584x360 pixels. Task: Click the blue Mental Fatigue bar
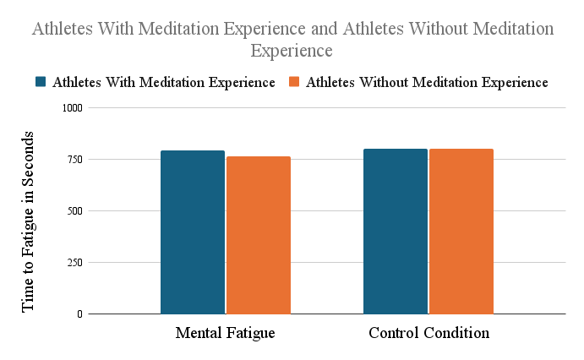(193, 232)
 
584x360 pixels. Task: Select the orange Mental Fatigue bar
(259, 235)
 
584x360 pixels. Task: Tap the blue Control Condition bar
(396, 232)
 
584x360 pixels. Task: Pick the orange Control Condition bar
(461, 232)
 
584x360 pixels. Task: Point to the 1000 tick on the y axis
(72, 108)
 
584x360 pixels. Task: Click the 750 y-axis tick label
(74, 160)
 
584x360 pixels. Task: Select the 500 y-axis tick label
(74, 211)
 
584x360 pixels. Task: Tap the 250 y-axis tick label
(74, 263)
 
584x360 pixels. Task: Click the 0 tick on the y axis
(80, 314)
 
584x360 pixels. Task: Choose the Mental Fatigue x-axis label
(226, 333)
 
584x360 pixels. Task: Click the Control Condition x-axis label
(428, 333)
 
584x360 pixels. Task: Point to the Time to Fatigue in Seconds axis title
(29, 221)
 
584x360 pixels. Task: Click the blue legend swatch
(41, 82)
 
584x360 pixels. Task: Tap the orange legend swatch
(294, 82)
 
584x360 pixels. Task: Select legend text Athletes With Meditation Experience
(163, 82)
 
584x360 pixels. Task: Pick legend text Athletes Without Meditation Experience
(427, 82)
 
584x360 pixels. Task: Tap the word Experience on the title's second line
(292, 51)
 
